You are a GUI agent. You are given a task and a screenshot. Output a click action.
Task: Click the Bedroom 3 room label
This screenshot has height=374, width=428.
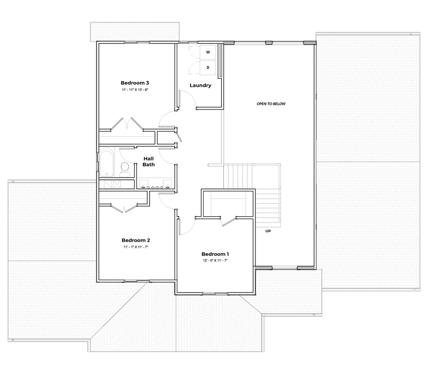tap(135, 82)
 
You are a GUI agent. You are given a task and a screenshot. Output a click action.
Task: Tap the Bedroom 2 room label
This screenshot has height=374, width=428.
tap(136, 240)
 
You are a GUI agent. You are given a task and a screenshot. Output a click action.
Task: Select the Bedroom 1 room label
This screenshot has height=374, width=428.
tap(215, 254)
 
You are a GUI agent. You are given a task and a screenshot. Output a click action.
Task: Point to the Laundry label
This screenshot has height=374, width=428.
tap(200, 86)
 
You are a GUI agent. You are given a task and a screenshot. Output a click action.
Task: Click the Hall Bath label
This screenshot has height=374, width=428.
tap(149, 161)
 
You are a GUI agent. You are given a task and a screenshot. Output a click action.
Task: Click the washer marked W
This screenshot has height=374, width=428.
tap(208, 52)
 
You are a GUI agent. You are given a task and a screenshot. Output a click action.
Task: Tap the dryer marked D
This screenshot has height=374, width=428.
tap(208, 67)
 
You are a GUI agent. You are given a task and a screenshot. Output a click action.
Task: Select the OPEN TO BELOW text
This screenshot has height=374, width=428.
tap(271, 104)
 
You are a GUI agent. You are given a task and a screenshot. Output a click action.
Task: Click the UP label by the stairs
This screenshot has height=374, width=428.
tap(268, 231)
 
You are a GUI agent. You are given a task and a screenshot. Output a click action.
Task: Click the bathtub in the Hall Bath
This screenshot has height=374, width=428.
tap(106, 163)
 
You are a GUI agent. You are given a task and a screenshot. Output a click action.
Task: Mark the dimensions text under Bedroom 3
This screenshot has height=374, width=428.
tap(135, 90)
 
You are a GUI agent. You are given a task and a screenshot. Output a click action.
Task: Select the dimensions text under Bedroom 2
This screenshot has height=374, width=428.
tap(136, 247)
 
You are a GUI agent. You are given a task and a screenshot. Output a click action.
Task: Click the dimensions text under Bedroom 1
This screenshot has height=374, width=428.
tap(215, 261)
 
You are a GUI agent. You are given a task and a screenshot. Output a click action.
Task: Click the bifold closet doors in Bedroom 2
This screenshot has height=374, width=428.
tap(125, 208)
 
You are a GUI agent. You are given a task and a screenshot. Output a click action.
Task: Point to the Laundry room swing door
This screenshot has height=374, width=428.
tap(188, 100)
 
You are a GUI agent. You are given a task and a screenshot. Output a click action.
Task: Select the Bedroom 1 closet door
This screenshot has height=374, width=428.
tap(227, 220)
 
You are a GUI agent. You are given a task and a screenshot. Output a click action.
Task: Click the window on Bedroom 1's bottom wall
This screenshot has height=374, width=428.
tap(215, 293)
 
